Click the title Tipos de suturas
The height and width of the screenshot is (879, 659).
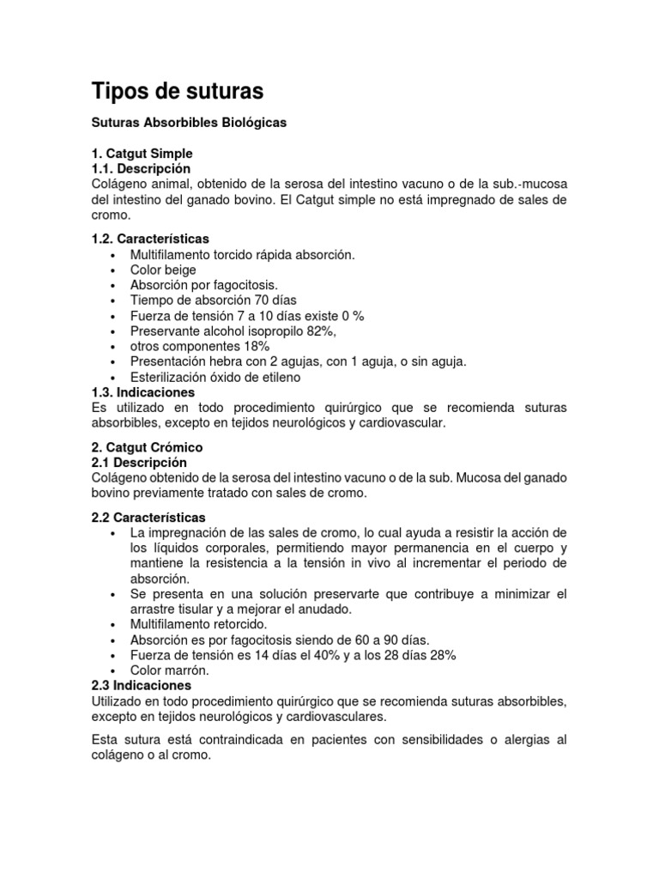(178, 91)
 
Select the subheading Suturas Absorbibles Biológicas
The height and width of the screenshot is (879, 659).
(189, 123)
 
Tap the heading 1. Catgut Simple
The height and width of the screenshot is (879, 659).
(142, 154)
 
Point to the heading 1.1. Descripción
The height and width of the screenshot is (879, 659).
(141, 168)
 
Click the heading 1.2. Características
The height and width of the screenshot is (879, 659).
(150, 238)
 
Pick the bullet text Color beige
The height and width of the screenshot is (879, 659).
(163, 270)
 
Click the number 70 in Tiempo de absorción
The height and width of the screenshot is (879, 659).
(263, 300)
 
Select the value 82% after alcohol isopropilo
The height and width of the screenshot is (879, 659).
(320, 330)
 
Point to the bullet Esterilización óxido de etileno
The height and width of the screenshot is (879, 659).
(215, 377)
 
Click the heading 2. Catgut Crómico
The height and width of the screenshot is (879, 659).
(147, 447)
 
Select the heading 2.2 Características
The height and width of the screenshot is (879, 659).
(148, 517)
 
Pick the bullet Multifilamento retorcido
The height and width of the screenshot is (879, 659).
(199, 624)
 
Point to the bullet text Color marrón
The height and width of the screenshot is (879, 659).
(169, 670)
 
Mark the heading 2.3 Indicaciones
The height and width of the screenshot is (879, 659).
(142, 686)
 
